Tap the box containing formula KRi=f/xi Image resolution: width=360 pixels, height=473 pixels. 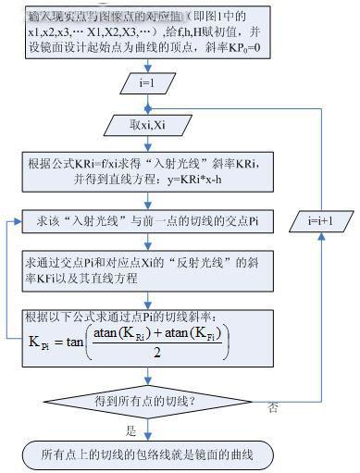coord(143,171)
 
